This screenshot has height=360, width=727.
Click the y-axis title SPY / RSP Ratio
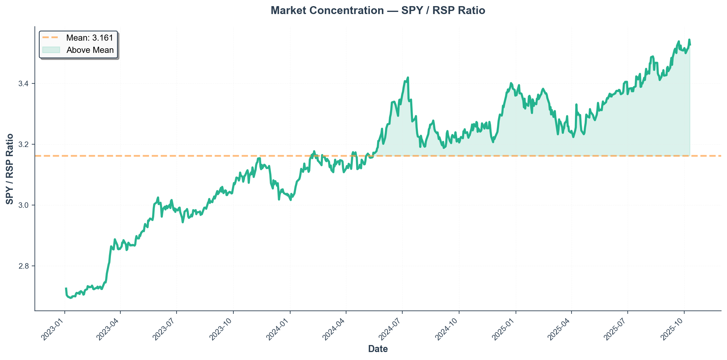10,169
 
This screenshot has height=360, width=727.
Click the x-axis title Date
378,349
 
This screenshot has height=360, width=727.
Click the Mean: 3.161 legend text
90,38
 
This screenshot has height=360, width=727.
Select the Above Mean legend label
90,50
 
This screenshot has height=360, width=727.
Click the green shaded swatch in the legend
51,50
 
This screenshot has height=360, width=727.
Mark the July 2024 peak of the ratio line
408,78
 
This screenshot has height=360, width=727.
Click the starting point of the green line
66,288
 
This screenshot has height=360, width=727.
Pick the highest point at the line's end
689,39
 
